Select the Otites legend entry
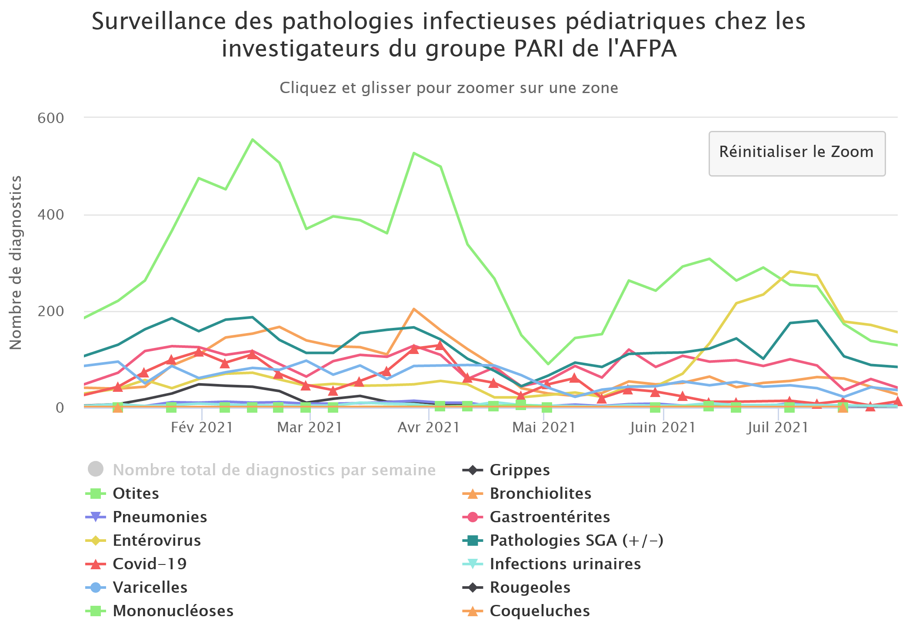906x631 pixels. click(x=136, y=494)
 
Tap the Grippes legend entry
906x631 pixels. click(x=520, y=470)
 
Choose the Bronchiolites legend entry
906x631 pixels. click(x=540, y=494)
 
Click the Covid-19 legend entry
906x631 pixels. click(x=150, y=564)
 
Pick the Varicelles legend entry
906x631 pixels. click(x=150, y=588)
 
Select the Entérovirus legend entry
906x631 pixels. click(x=157, y=541)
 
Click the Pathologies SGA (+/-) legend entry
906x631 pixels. click(x=576, y=541)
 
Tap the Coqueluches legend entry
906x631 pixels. click(x=540, y=611)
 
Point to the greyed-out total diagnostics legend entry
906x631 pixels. click(x=274, y=470)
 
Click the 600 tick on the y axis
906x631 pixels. click(x=50, y=118)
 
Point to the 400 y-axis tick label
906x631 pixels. click(x=50, y=215)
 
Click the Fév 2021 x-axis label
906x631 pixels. click(x=202, y=427)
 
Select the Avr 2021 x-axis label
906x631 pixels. click(x=429, y=427)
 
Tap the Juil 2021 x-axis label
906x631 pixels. click(x=778, y=427)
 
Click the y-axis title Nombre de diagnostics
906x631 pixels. click(x=16, y=263)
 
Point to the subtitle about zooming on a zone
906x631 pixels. click(x=449, y=88)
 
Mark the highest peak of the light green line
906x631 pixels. click(x=253, y=140)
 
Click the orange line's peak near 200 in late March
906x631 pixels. click(x=414, y=309)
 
